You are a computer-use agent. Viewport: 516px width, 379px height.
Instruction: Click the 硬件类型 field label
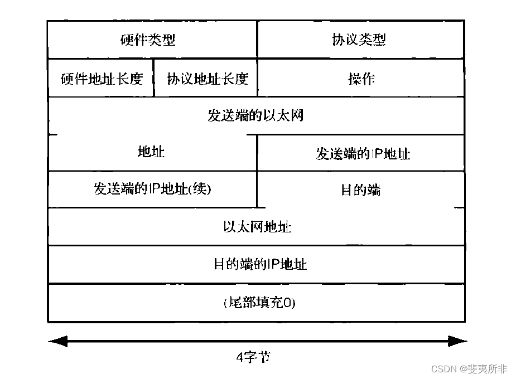pyautogui.click(x=148, y=40)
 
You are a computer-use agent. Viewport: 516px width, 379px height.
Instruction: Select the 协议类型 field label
pyautogui.click(x=359, y=40)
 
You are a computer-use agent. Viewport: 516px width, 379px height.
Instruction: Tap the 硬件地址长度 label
pyautogui.click(x=102, y=79)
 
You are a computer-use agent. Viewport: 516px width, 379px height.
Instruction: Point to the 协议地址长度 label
pyautogui.click(x=207, y=79)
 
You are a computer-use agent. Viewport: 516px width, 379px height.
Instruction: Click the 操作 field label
pyautogui.click(x=361, y=79)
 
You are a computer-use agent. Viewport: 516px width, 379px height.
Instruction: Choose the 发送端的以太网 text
pyautogui.click(x=255, y=116)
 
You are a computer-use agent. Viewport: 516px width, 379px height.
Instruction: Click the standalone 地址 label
pyautogui.click(x=151, y=152)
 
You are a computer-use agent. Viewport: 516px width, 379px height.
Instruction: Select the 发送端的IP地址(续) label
pyautogui.click(x=153, y=189)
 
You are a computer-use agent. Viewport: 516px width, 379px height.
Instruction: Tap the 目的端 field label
pyautogui.click(x=360, y=190)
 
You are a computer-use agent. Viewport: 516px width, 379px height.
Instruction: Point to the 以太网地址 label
pyautogui.click(x=257, y=227)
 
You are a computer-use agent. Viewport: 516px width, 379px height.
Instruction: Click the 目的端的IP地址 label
pyautogui.click(x=260, y=264)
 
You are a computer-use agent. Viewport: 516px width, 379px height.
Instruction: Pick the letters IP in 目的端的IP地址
pyautogui.click(x=273, y=264)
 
